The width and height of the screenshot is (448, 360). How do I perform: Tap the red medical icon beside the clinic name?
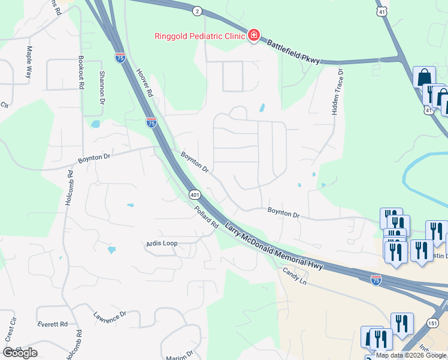(x=254, y=35)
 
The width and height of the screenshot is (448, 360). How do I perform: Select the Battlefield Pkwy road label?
(x=293, y=52)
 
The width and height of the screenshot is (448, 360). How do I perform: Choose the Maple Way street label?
(x=28, y=62)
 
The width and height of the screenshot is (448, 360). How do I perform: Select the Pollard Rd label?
(x=206, y=217)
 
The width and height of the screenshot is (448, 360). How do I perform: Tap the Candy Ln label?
(x=295, y=276)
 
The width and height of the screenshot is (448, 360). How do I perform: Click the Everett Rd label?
(x=52, y=324)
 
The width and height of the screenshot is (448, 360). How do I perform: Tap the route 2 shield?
(x=198, y=11)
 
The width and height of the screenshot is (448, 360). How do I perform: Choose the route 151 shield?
(x=432, y=323)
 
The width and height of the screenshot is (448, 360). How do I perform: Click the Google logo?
(x=20, y=353)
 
